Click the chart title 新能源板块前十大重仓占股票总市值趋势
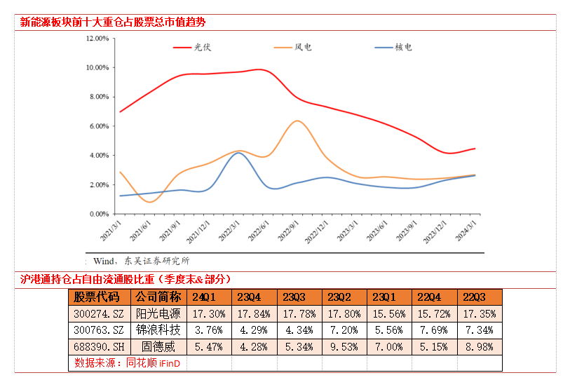tap(113, 22)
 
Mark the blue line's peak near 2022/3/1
tap(240, 153)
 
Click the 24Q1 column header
tap(208, 297)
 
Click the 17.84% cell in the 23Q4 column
tap(254, 313)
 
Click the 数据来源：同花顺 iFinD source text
tap(127, 363)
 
